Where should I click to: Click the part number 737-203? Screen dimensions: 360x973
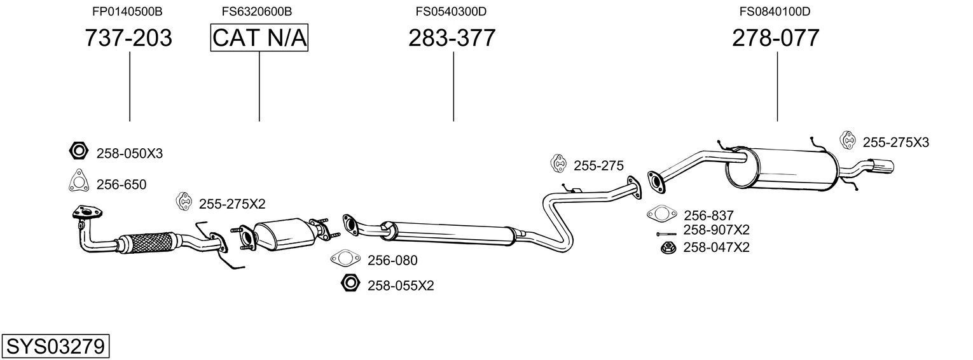[x=128, y=38]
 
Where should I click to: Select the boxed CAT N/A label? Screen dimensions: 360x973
[x=259, y=38]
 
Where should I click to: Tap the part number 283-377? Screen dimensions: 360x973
[x=452, y=38]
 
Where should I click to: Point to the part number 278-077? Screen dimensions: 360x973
[x=775, y=38]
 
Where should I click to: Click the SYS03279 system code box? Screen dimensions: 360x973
[x=55, y=347]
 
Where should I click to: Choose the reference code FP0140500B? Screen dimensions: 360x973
[x=127, y=11]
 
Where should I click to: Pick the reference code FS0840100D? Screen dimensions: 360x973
[x=775, y=11]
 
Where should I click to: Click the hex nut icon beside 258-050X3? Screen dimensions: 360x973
[x=78, y=151]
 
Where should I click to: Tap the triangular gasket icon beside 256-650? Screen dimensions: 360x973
[x=78, y=183]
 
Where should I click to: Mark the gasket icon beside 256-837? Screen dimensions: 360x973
[x=661, y=214]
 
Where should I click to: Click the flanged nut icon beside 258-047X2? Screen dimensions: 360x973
[x=668, y=247]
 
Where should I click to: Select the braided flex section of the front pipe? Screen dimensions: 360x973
[x=150, y=242]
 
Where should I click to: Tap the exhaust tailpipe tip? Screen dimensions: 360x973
[x=883, y=167]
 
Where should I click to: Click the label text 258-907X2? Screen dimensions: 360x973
[x=716, y=230]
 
